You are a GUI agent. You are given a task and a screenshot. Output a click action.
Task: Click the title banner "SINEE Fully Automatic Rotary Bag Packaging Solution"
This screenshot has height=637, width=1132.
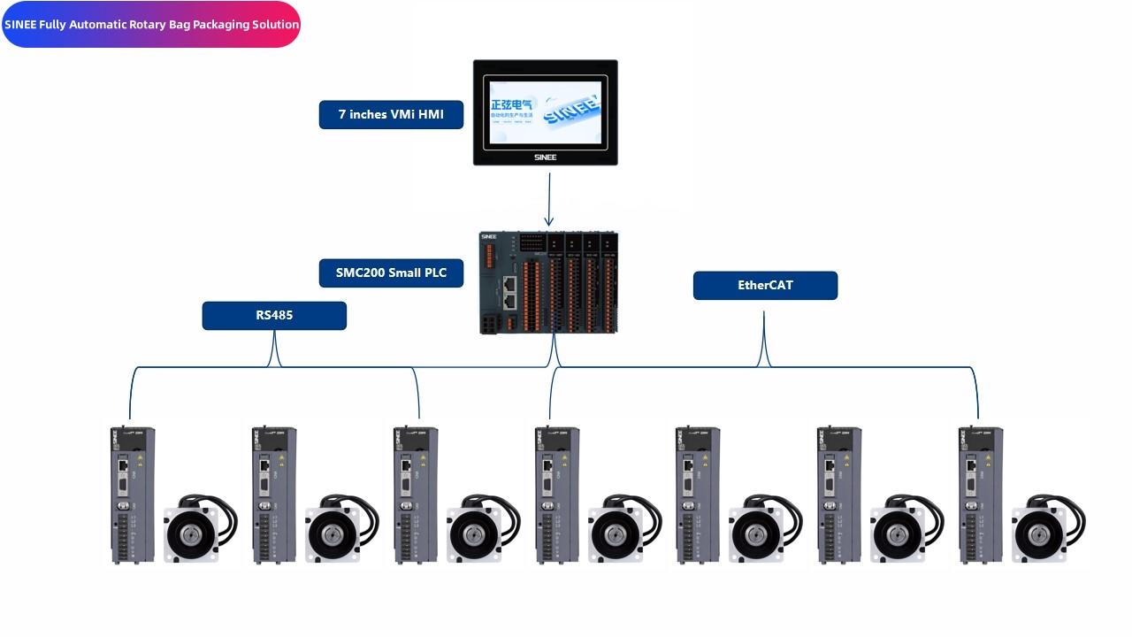click(151, 25)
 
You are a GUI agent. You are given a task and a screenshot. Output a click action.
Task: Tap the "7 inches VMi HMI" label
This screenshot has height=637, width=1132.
click(391, 115)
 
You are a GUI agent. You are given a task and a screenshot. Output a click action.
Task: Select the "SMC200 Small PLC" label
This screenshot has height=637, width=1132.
click(391, 273)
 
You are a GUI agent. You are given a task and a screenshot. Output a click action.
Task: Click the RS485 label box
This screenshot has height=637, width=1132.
click(274, 316)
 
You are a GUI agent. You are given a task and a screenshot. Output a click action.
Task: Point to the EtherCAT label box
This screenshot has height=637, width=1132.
click(765, 286)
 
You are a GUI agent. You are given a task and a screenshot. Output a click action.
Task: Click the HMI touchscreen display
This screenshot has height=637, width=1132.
click(545, 111)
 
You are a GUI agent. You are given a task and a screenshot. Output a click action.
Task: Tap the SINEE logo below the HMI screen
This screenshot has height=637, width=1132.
click(546, 157)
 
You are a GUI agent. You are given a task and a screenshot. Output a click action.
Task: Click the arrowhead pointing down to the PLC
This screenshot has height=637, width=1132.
click(549, 221)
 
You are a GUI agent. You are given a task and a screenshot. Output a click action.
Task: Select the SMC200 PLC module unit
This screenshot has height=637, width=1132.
click(548, 283)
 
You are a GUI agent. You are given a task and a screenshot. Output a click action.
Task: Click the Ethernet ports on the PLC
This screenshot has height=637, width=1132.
click(510, 292)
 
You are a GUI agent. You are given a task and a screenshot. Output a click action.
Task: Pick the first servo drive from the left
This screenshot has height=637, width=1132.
click(133, 495)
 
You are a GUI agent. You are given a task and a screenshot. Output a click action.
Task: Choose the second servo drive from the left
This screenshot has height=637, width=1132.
click(274, 495)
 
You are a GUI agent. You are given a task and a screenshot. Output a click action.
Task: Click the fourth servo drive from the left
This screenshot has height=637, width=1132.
click(557, 495)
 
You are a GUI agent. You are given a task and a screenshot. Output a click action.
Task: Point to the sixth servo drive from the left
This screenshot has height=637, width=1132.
click(838, 495)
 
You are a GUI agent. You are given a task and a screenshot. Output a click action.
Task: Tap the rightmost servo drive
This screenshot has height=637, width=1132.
click(981, 495)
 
